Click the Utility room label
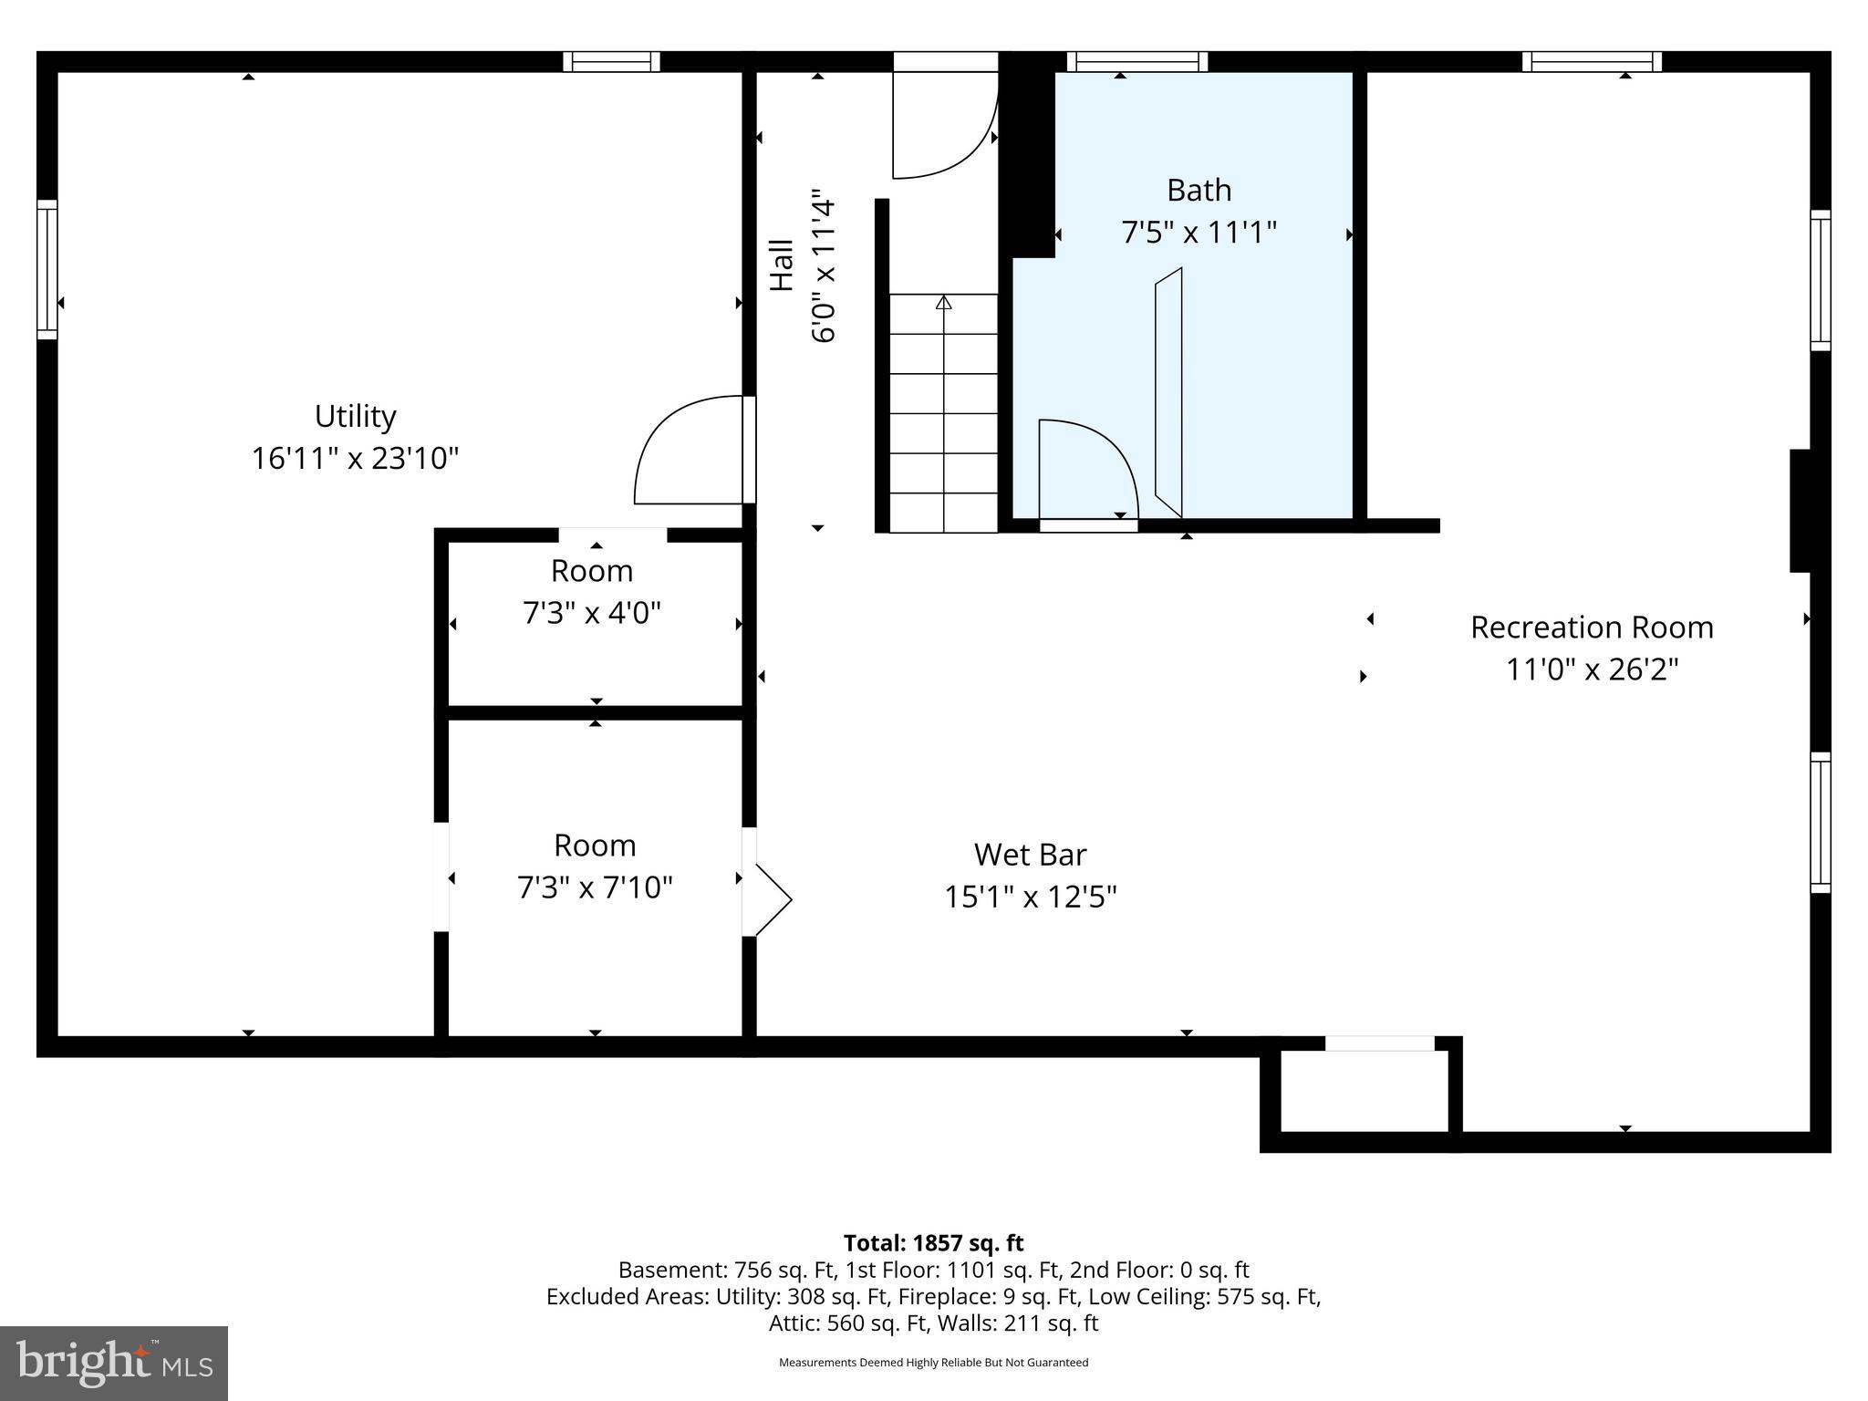click(x=355, y=416)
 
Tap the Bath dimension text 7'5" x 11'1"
click(x=1198, y=233)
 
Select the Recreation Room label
click(x=1591, y=628)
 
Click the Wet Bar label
click(x=1030, y=855)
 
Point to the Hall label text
click(x=782, y=265)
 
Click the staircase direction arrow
click(x=943, y=303)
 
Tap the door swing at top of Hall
click(x=944, y=128)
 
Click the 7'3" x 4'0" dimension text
click(x=591, y=613)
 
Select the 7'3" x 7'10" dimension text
click(x=595, y=887)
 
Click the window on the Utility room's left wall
click(x=47, y=269)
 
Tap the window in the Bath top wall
click(x=1137, y=61)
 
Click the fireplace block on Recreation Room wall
click(x=1800, y=511)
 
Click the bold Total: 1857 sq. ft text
click(x=933, y=1243)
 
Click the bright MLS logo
click(x=114, y=1363)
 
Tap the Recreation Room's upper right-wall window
click(x=1820, y=280)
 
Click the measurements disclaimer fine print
click(x=933, y=1363)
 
